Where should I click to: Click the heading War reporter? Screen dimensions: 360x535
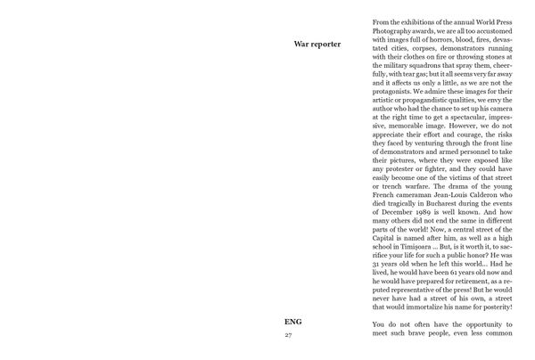click(317, 45)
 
